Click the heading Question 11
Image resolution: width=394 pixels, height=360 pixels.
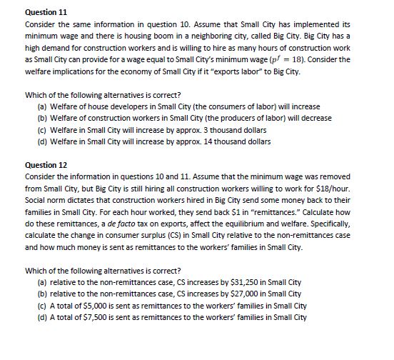[46, 13]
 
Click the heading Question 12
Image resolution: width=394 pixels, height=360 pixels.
[46, 165]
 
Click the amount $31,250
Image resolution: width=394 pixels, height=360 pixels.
[234, 282]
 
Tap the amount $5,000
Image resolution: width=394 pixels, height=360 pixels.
[92, 305]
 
